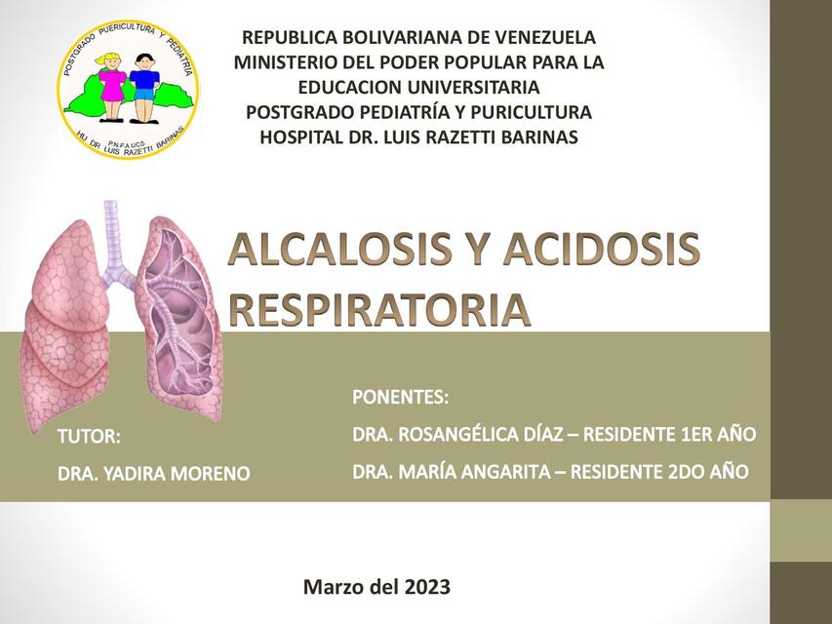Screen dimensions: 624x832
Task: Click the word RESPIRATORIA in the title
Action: click(x=380, y=308)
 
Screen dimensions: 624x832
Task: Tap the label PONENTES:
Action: click(x=400, y=397)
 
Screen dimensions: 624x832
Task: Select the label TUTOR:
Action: click(x=89, y=436)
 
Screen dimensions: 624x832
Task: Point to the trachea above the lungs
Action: click(x=111, y=234)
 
